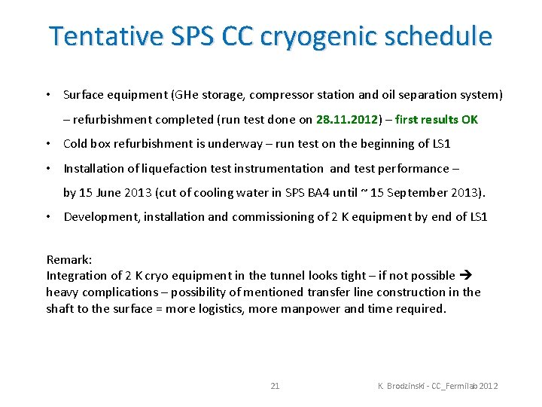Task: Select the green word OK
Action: point(469,119)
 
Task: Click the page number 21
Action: point(275,386)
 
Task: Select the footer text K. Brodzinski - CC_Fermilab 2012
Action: point(437,386)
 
